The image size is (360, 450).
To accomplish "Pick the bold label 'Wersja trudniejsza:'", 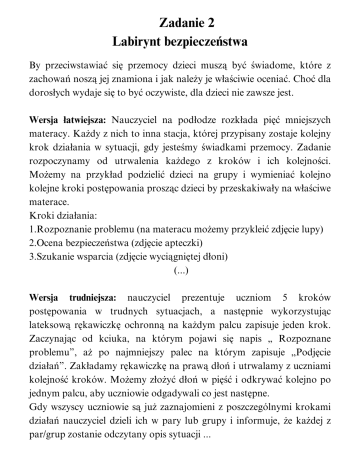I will (72, 298).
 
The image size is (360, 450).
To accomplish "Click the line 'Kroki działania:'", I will (63, 216).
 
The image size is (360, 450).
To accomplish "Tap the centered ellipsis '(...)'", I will (180, 270).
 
